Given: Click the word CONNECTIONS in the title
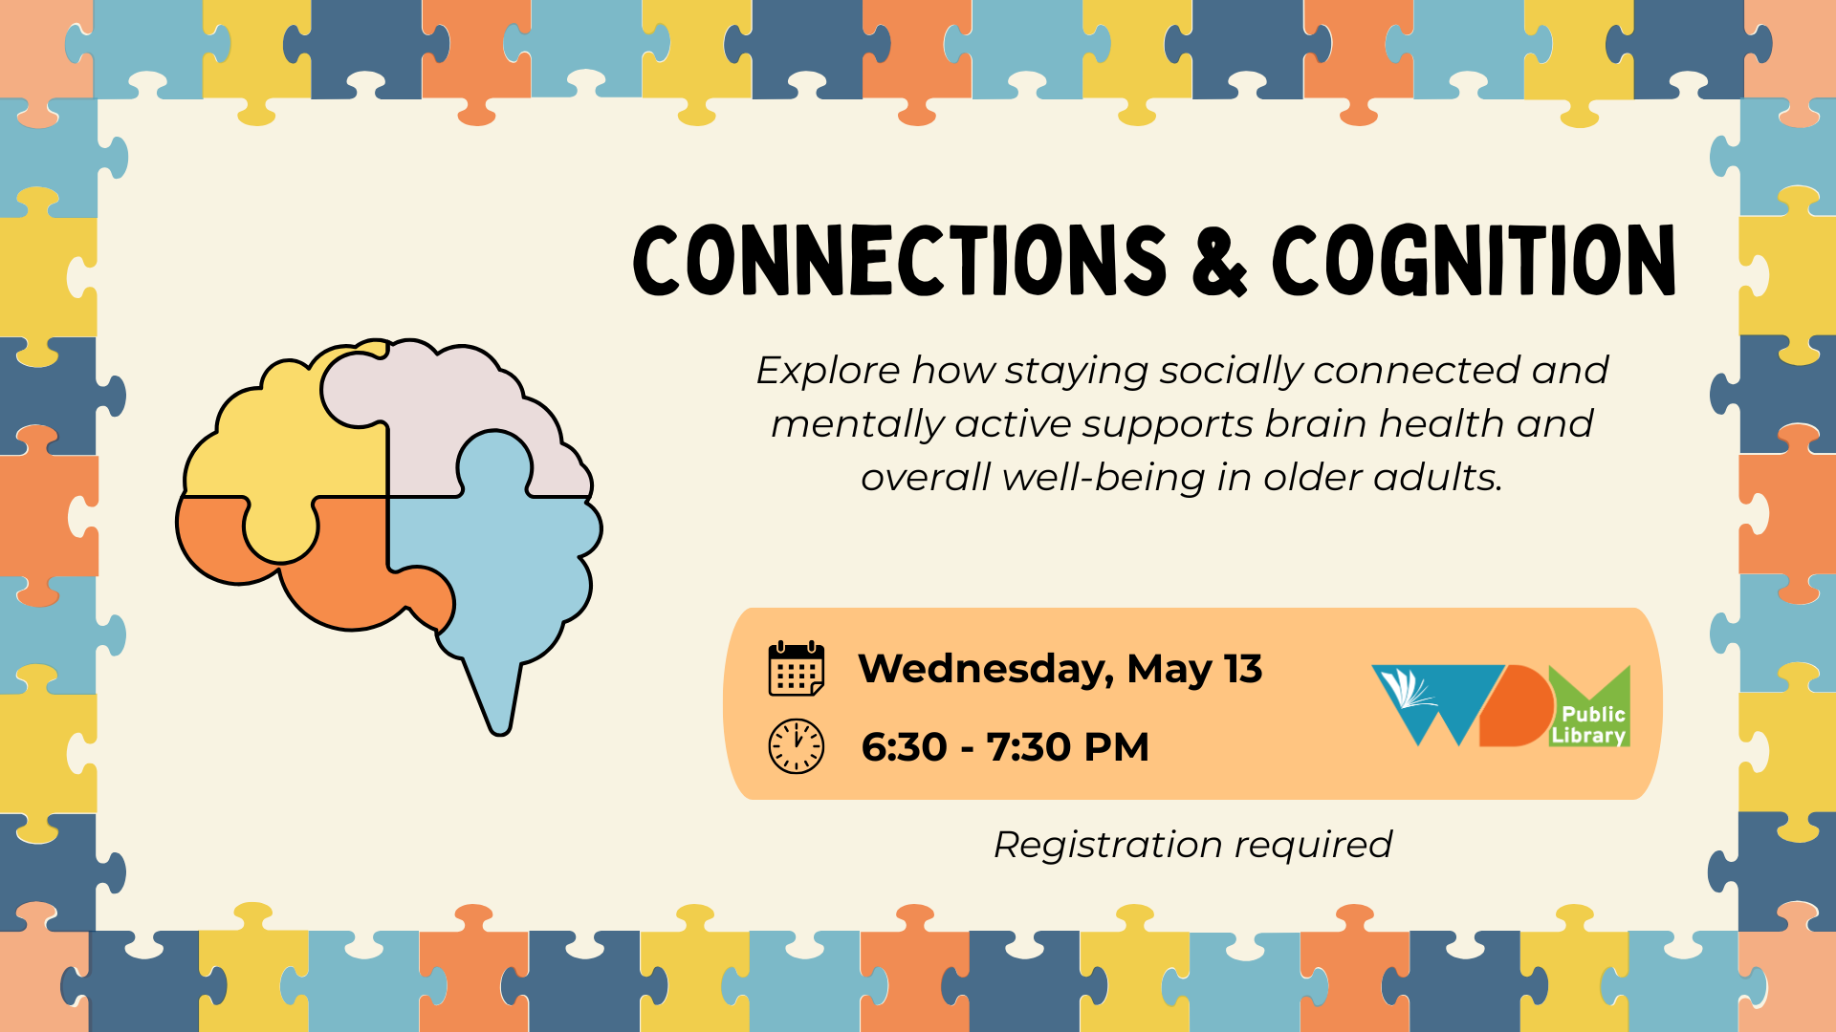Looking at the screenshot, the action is pyautogui.click(x=900, y=260).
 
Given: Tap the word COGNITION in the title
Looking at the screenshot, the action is pyautogui.click(x=1474, y=260).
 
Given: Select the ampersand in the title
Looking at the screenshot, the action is pyautogui.click(x=1219, y=261).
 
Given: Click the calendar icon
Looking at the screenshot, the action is pyautogui.click(x=796, y=668).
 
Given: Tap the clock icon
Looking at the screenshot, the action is pyautogui.click(x=796, y=746).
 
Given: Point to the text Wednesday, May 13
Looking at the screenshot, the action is pyautogui.click(x=1060, y=670).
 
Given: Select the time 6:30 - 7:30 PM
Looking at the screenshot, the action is pyautogui.click(x=1005, y=747).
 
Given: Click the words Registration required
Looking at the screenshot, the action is pyautogui.click(x=1192, y=845).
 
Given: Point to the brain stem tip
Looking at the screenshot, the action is pyautogui.click(x=500, y=731).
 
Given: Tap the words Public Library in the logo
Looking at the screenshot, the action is pyautogui.click(x=1589, y=725).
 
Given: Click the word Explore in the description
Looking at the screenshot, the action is pyautogui.click(x=828, y=372).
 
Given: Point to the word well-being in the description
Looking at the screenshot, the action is pyautogui.click(x=1104, y=477).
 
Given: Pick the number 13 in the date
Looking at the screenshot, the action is pyautogui.click(x=1243, y=668).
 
